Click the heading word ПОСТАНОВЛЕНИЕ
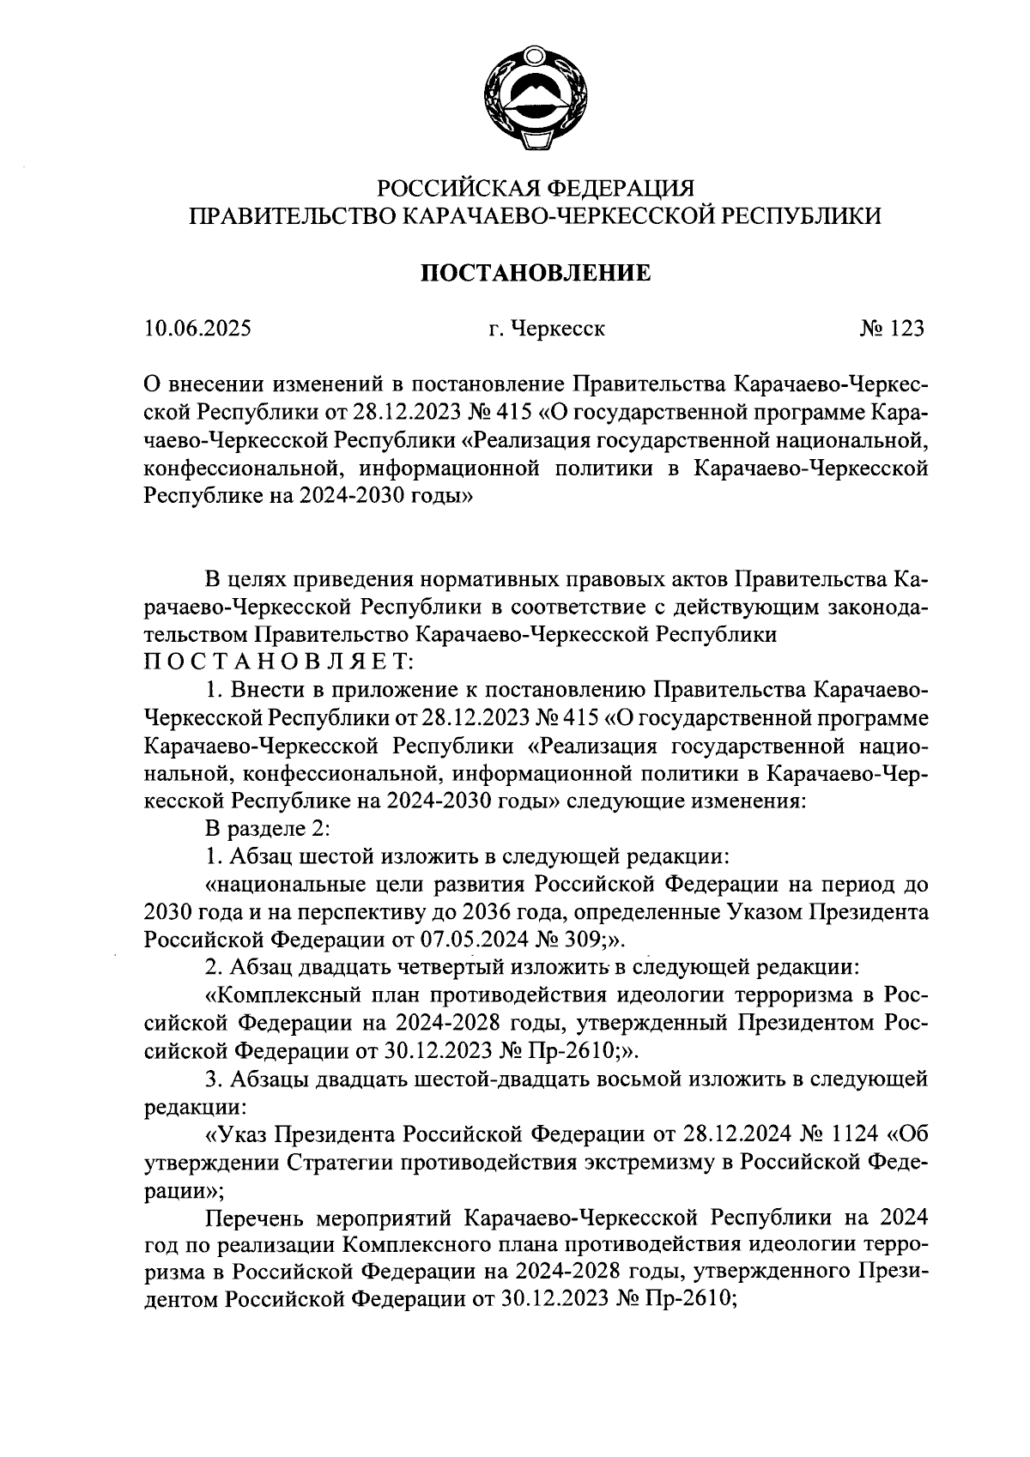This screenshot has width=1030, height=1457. pyautogui.click(x=535, y=274)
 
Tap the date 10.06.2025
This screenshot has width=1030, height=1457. pyautogui.click(x=198, y=328)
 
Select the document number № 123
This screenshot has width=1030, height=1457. pyautogui.click(x=891, y=328)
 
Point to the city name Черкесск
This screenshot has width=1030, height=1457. pyautogui.click(x=558, y=329)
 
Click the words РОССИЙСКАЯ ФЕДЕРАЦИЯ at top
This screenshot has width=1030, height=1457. pyautogui.click(x=536, y=187)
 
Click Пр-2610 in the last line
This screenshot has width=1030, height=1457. pyautogui.click(x=687, y=1301)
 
